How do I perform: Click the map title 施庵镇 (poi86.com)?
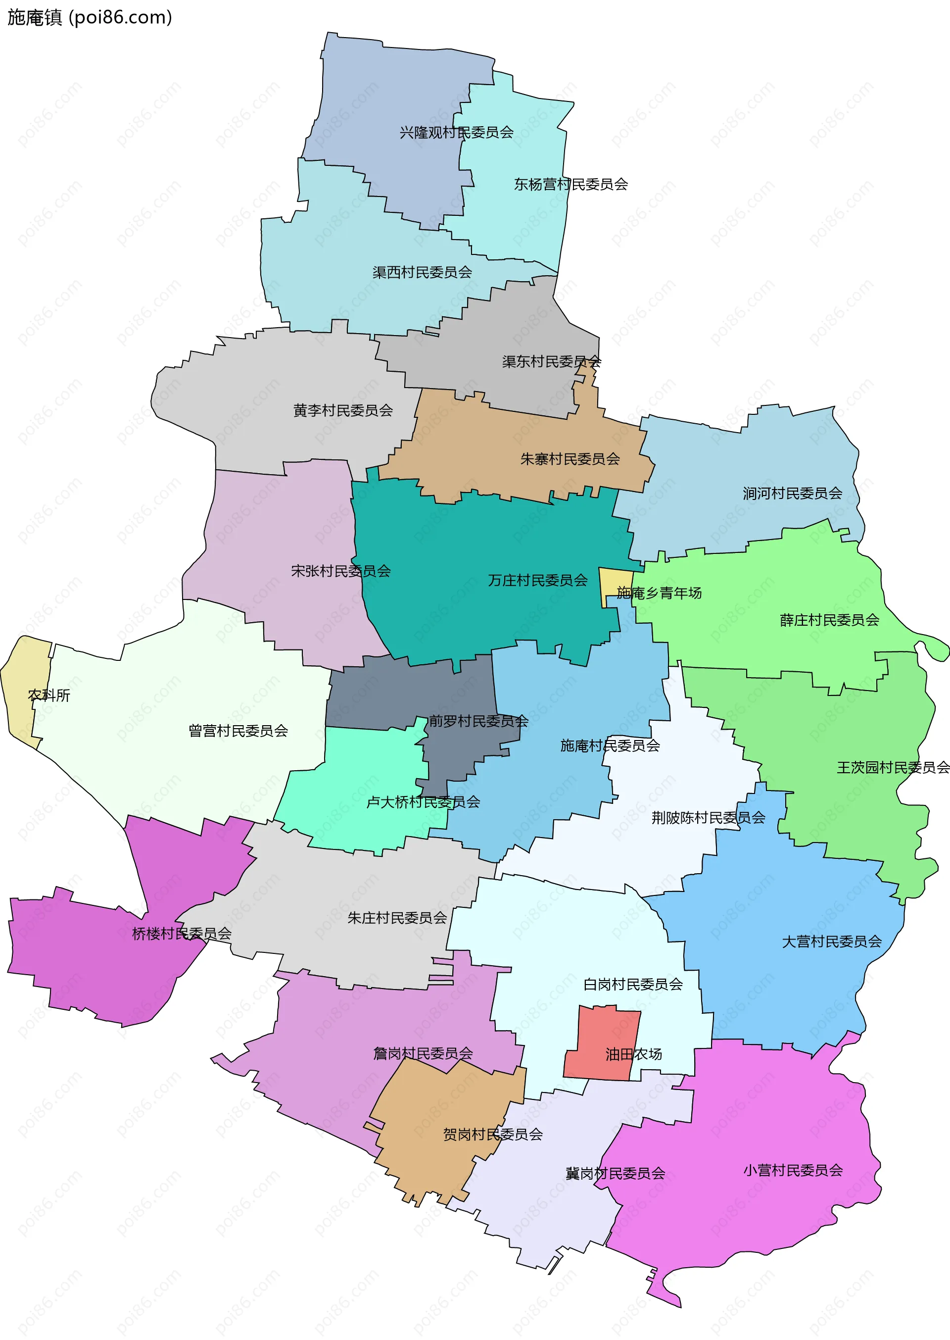(90, 17)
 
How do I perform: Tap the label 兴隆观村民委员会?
(456, 133)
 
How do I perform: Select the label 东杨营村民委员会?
(570, 184)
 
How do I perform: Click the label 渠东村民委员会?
(551, 362)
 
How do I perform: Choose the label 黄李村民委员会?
(343, 411)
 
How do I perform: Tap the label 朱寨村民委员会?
(570, 459)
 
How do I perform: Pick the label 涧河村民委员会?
(792, 494)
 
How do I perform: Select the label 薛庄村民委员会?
(829, 620)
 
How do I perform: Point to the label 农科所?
(49, 695)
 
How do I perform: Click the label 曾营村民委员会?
(238, 731)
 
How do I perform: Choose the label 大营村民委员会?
(831, 942)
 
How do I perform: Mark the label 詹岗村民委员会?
(423, 1053)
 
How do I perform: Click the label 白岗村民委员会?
(633, 984)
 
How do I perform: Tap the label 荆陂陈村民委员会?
(708, 817)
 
